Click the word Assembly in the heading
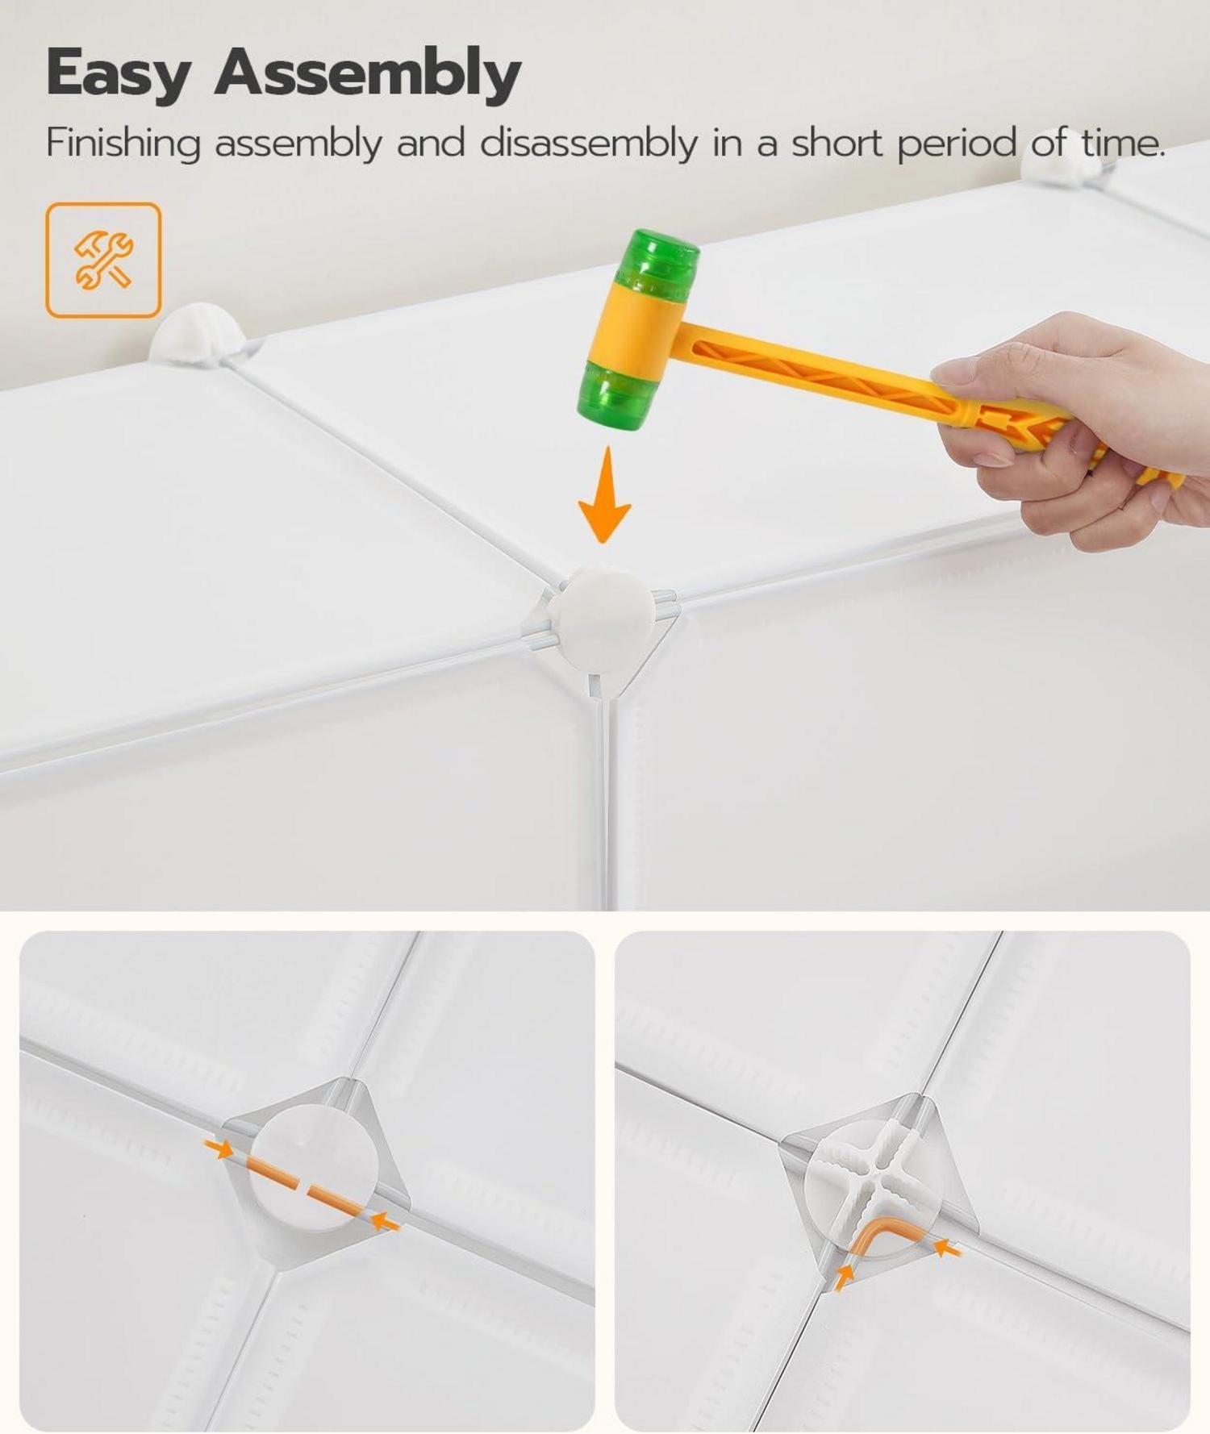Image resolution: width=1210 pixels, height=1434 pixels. (x=368, y=72)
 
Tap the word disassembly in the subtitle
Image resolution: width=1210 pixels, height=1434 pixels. (x=588, y=144)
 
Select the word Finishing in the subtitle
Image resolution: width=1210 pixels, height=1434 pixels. (x=123, y=144)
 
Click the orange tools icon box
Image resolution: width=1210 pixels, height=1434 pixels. (x=103, y=260)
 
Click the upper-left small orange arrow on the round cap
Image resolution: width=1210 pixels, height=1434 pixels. (x=219, y=1146)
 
